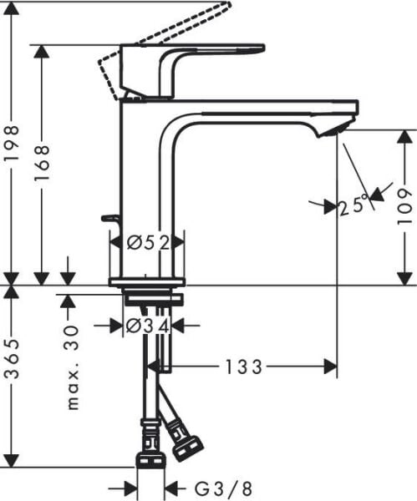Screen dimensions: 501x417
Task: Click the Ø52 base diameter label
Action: point(148,243)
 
